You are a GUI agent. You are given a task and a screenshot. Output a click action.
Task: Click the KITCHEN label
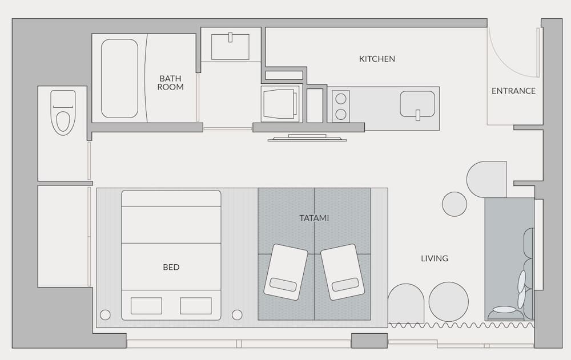[377, 59]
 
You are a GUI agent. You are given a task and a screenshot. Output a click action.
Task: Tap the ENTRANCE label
[513, 91]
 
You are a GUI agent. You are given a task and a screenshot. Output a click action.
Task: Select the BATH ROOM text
[171, 83]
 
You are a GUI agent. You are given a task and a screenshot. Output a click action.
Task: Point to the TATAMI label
[314, 218]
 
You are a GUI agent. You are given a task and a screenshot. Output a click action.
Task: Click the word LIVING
[435, 258]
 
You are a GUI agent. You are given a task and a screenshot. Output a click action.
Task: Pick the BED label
[171, 267]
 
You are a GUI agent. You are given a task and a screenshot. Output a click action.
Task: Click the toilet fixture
[63, 112]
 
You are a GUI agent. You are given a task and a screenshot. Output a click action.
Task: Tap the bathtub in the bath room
[119, 78]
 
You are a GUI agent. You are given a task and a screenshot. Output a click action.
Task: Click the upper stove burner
[341, 98]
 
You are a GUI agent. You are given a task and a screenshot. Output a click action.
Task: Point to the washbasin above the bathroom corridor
[230, 47]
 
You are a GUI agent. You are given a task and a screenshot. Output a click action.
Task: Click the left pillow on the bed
[146, 306]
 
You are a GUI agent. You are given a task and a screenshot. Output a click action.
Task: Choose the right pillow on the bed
[196, 306]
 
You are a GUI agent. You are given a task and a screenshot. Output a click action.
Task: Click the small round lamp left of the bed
[105, 314]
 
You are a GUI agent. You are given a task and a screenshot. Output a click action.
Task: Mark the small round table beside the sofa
[455, 204]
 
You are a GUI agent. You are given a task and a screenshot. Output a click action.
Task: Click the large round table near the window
[449, 302]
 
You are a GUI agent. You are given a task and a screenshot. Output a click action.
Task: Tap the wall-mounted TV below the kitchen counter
[307, 137]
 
